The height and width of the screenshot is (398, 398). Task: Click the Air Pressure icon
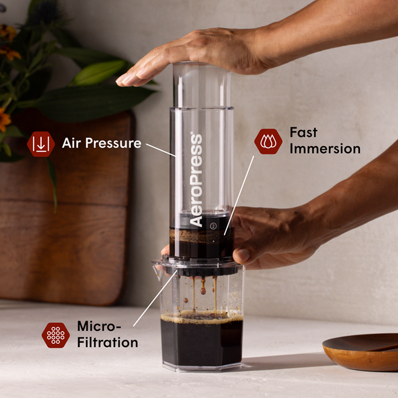(x=41, y=144)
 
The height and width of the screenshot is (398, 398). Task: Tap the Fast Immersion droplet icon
(x=268, y=141)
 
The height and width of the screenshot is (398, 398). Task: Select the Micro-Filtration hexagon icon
(x=55, y=335)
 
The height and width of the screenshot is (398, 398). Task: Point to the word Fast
(x=303, y=132)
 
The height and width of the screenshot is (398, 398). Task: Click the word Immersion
(x=325, y=149)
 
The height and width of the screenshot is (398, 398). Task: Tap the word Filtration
(x=107, y=343)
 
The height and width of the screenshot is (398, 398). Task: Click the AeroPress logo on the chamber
(x=197, y=180)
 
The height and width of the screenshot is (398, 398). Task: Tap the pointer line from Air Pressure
(x=160, y=150)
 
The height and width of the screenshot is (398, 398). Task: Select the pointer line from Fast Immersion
(x=239, y=193)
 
